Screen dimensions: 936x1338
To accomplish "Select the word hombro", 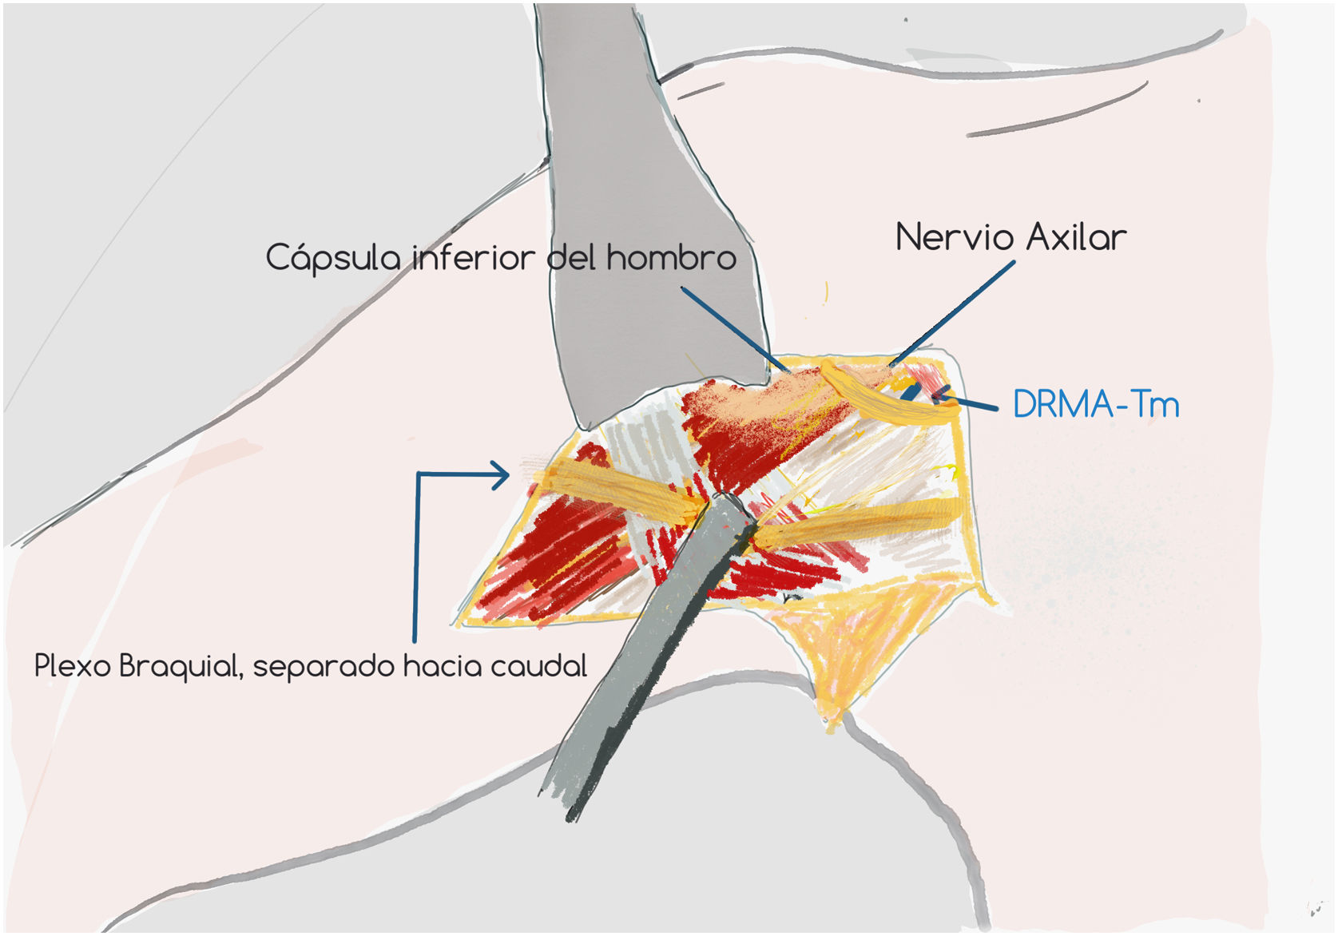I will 671,258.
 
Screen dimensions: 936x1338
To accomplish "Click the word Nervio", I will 955,237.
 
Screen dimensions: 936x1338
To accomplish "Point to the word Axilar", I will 1076,237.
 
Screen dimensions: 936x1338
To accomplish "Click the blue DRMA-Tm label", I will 1096,404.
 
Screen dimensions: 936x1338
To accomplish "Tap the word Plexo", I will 73,666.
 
